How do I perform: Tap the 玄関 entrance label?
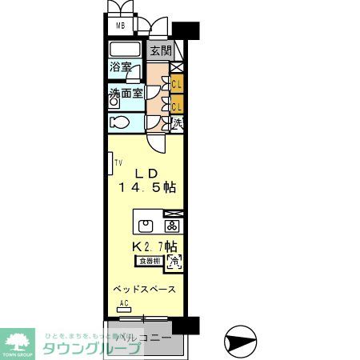[x=160, y=50]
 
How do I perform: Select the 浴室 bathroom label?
[x=122, y=68]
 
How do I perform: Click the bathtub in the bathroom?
[x=126, y=50]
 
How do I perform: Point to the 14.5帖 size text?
[x=148, y=189]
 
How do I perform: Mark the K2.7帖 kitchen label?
[x=154, y=246]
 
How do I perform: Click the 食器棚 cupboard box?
[x=150, y=261]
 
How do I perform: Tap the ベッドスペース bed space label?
[x=144, y=289]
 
